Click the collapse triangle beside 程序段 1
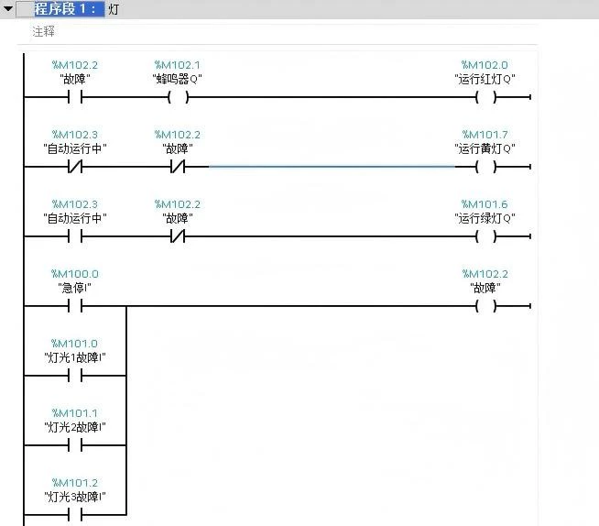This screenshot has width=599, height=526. tap(8, 9)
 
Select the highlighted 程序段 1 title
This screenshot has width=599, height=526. tap(68, 9)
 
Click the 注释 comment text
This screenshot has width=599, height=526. tap(43, 31)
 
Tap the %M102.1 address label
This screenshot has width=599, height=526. tap(177, 65)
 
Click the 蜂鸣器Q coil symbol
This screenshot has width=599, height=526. tap(178, 96)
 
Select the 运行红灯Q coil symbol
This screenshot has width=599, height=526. tap(485, 96)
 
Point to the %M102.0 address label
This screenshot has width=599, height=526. tap(485, 65)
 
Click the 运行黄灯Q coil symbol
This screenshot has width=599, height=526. tap(485, 167)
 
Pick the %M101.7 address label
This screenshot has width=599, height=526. tap(485, 135)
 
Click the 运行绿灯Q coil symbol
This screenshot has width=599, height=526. tap(485, 236)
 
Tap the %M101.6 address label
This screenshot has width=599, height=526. tap(485, 204)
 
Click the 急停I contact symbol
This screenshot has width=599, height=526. tap(75, 306)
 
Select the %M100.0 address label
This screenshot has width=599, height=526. tap(75, 274)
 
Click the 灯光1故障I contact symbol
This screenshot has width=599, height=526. tap(75, 376)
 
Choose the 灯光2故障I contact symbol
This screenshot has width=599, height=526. tap(75, 445)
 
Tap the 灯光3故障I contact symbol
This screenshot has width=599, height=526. tap(75, 515)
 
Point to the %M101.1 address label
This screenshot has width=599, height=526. tap(75, 413)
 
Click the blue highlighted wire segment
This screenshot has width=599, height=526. tap(330, 167)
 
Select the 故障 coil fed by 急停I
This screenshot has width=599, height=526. tap(485, 306)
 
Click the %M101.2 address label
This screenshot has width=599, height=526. tap(75, 483)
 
